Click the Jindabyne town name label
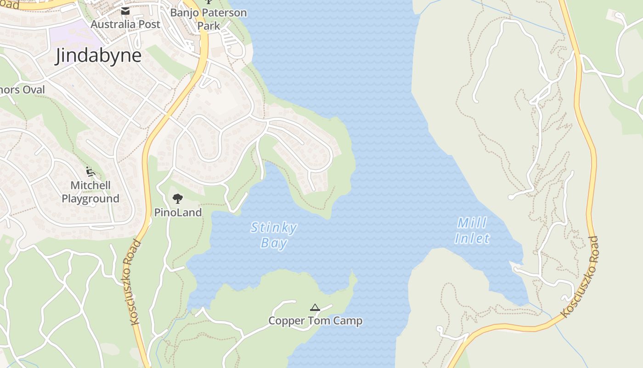(98, 56)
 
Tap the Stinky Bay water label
(274, 235)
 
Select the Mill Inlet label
(472, 231)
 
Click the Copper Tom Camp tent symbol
(315, 307)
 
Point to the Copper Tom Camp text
(315, 321)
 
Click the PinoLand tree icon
(178, 199)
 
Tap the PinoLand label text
(178, 213)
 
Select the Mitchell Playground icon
(90, 172)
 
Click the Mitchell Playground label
(90, 192)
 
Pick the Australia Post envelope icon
(125, 11)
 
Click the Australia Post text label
(125, 24)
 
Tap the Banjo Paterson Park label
(209, 19)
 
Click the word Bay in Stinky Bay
(274, 243)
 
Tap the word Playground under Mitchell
(90, 199)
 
